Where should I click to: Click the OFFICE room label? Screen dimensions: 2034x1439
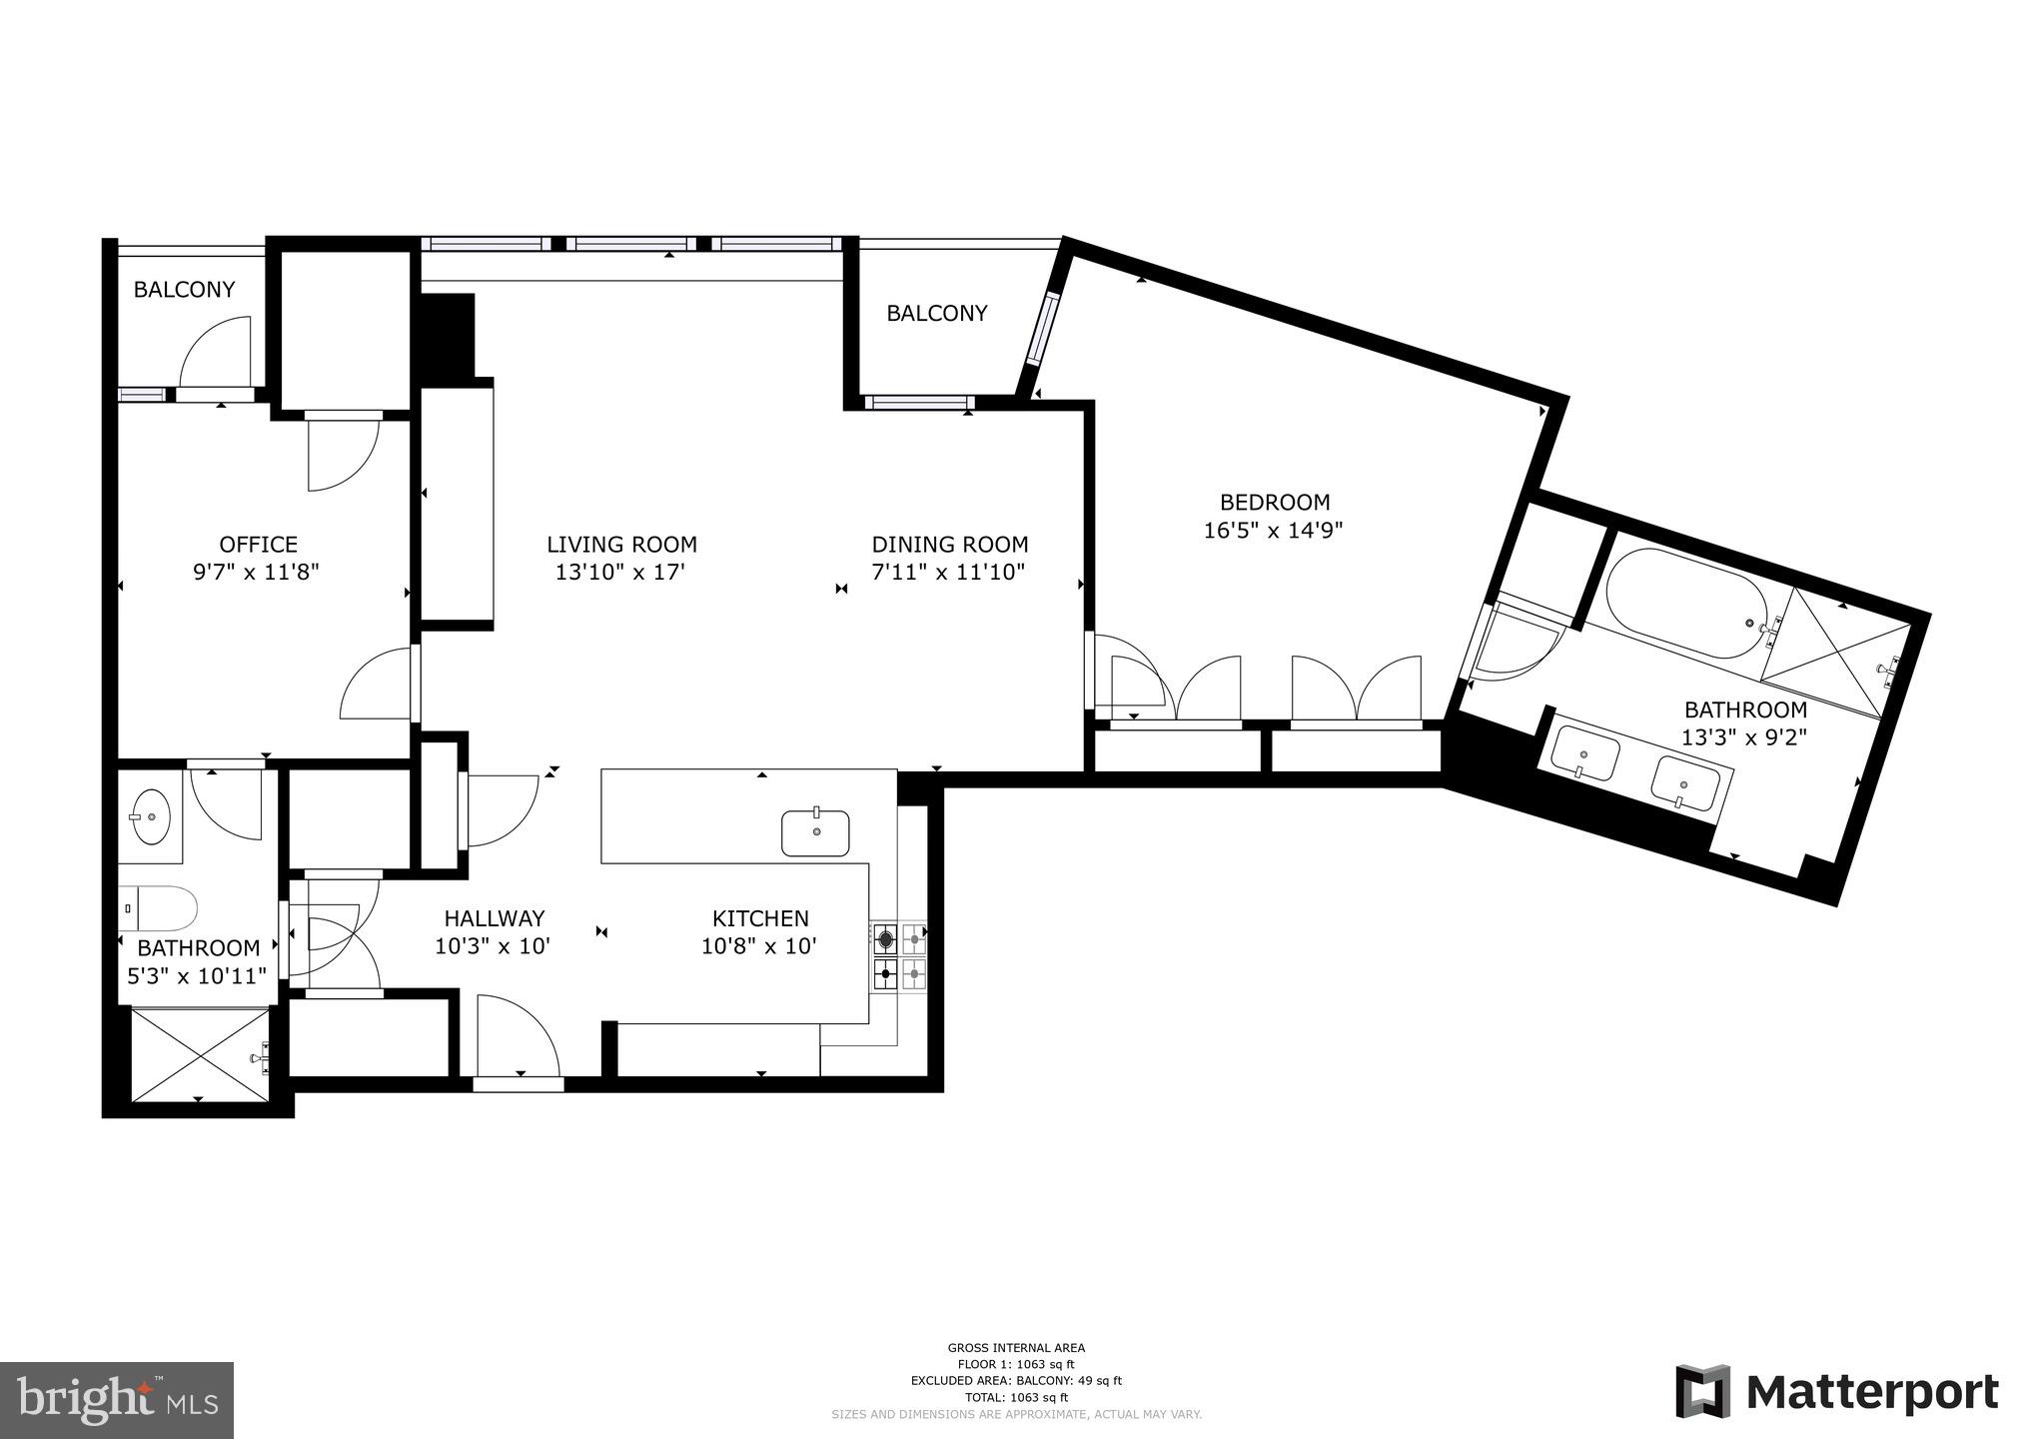(259, 545)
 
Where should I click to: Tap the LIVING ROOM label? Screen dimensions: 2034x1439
(621, 545)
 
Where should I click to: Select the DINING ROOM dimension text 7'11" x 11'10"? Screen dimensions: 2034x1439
(949, 573)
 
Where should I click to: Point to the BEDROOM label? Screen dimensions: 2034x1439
(1275, 503)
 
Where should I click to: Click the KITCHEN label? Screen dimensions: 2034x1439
(760, 918)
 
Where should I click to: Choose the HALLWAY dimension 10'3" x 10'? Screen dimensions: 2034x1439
(493, 946)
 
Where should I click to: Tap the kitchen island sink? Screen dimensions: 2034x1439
(815, 832)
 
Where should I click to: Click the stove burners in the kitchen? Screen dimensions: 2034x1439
(900, 956)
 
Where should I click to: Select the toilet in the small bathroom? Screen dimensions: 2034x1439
(158, 908)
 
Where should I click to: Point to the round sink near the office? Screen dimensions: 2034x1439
(151, 814)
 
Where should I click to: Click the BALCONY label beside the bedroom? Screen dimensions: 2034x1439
(937, 314)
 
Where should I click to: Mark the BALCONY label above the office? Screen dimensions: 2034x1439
(185, 290)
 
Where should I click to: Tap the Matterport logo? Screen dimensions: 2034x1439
(1837, 1391)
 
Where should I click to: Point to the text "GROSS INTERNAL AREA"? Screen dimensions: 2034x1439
(1016, 1348)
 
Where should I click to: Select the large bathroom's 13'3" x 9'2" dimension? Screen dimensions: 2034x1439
(1745, 738)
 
